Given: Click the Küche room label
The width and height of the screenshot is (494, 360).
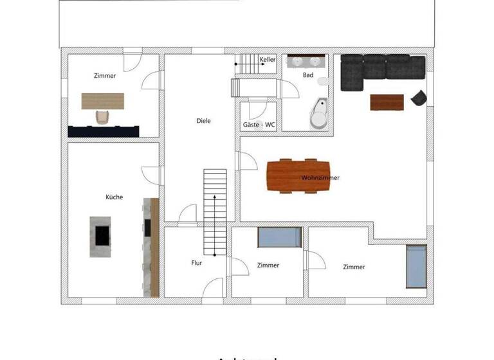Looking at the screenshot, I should [114, 197].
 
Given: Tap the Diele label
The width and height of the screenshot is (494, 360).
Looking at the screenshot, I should [203, 121].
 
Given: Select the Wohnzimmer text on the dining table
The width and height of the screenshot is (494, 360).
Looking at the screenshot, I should [320, 177].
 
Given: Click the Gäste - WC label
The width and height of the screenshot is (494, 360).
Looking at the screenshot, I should [259, 125].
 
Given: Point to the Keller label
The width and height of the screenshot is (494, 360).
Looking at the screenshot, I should [268, 60].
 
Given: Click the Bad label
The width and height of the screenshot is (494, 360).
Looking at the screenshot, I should [308, 75].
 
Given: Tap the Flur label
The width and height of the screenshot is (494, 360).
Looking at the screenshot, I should [197, 263].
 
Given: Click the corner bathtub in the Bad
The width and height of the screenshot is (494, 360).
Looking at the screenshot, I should [319, 114].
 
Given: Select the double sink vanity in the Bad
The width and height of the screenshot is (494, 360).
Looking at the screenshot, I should [306, 62].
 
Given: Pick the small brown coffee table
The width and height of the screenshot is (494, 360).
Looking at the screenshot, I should [387, 102].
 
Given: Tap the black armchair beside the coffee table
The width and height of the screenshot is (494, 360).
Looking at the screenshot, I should [419, 98].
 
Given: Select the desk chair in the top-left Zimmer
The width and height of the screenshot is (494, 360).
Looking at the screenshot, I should [102, 116].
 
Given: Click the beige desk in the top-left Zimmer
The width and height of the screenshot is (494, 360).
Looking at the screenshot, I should [102, 101].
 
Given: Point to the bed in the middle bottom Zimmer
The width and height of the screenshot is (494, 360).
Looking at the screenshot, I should [279, 238].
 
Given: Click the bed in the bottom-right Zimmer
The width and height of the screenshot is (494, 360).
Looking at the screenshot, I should [416, 266].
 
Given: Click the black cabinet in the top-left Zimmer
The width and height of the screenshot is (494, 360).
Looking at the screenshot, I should [103, 131].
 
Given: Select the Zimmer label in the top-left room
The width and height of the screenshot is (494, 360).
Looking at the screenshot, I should [104, 76].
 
